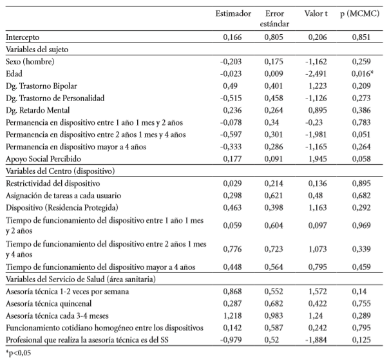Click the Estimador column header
[x=224, y=13]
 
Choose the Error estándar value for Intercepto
[x=276, y=39]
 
